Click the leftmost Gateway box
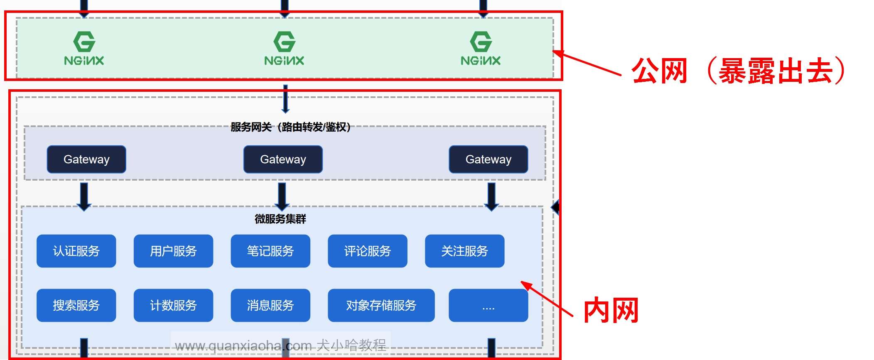86,159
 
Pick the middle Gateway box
283,159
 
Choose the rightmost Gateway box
489,159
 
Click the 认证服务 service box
76,251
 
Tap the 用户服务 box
173,251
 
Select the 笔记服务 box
270,251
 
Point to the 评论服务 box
368,251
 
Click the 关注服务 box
464,251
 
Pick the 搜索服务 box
76,306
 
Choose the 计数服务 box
173,306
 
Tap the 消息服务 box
270,306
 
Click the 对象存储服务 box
381,306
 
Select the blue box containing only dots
489,306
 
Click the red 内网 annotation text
611,310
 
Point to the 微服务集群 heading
280,219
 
